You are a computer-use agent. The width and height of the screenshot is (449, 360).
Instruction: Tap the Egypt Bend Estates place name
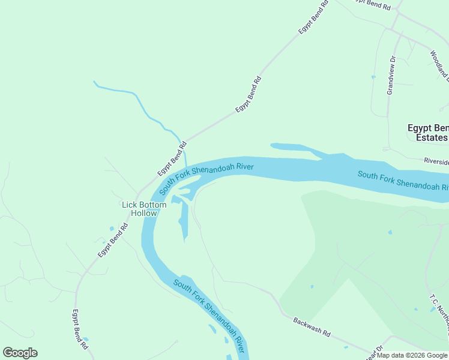pos(427,133)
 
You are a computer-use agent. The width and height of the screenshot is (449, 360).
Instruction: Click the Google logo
pos(20,353)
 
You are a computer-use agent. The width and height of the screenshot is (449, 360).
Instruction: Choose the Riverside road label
pos(436,161)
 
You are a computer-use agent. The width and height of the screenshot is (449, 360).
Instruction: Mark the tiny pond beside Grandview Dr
pos(373,77)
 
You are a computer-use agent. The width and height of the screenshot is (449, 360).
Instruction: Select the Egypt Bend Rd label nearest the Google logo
pos(80,329)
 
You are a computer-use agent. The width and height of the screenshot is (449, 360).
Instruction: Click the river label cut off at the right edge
pos(403,181)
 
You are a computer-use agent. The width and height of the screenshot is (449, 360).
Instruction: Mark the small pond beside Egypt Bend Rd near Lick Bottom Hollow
pos(111,228)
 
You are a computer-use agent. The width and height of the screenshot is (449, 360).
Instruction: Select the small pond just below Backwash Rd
pos(345,347)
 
